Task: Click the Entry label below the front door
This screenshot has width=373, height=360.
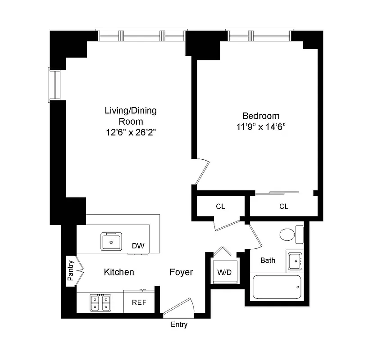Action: point(179,325)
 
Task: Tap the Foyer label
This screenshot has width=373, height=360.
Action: point(181,272)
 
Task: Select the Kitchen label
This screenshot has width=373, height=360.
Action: point(119,272)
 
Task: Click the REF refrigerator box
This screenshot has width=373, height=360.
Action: point(139,302)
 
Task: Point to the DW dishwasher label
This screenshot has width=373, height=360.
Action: point(138,246)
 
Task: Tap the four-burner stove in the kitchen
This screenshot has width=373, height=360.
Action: point(100,302)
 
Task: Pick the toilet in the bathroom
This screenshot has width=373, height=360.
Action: point(287,234)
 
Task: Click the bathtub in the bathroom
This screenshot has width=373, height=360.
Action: point(277,287)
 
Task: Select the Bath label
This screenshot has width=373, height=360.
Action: point(268,260)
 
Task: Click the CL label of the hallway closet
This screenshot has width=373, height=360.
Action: point(220,207)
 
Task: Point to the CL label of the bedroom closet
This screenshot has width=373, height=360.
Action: point(283,207)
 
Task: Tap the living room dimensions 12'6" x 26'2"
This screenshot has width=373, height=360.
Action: point(131,132)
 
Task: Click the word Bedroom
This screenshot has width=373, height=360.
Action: point(261,116)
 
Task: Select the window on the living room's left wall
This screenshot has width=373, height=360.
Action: point(55,84)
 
